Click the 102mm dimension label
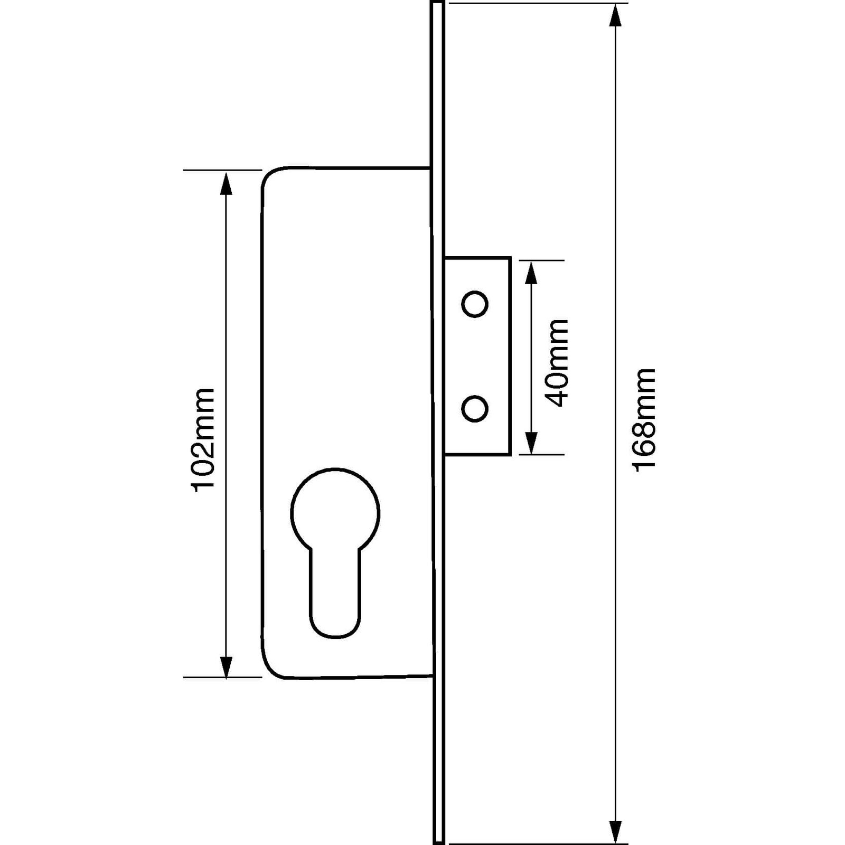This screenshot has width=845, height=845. click(x=204, y=439)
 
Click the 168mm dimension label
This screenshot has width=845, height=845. click(x=644, y=419)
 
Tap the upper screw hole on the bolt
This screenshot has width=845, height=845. click(x=474, y=304)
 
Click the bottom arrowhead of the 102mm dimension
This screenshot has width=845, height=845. click(x=226, y=666)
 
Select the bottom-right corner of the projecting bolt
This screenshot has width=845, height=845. click(x=509, y=454)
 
